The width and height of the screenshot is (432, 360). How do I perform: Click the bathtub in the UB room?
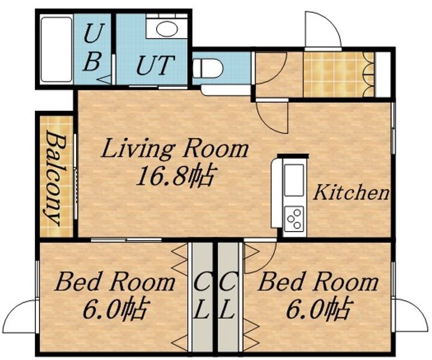click(56, 50)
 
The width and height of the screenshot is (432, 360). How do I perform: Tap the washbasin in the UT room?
click(166, 28)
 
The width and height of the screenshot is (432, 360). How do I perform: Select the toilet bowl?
click(208, 68)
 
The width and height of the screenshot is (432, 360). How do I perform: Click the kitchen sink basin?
click(293, 180)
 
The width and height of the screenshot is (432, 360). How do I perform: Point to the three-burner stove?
click(293, 219)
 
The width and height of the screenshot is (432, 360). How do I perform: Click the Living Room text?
click(175, 149)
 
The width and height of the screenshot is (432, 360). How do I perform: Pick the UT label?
click(155, 65)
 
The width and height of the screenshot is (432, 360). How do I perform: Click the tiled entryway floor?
click(338, 74)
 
